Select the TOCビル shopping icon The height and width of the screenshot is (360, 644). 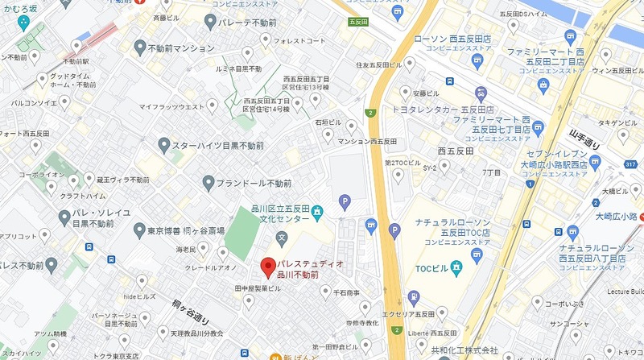click(x=456, y=266)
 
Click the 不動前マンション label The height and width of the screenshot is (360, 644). click(x=182, y=49)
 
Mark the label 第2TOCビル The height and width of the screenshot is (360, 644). click(x=402, y=163)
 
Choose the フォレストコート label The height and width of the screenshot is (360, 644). click(x=299, y=39)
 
